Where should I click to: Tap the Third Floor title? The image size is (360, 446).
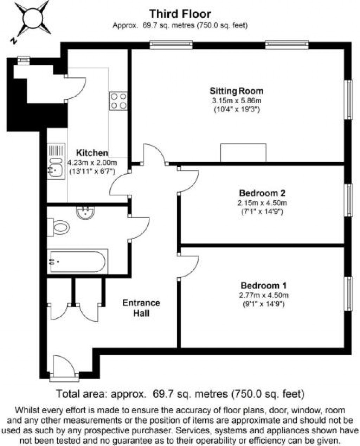[180, 14]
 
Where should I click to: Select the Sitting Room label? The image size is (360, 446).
[236, 91]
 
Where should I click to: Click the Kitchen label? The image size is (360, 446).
[92, 153]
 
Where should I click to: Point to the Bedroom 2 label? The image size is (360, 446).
[262, 193]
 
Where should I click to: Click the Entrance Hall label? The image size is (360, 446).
[141, 308]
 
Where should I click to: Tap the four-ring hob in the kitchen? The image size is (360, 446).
[118, 101]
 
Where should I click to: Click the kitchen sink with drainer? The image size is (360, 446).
[56, 161]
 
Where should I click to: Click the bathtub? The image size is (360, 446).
[77, 261]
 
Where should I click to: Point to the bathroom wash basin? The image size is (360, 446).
[85, 212]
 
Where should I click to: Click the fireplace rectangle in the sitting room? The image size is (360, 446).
[243, 153]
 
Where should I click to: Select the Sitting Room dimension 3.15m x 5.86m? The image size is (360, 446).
[236, 101]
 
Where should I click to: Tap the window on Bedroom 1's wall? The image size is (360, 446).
[348, 293]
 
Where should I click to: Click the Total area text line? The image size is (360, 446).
[180, 394]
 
